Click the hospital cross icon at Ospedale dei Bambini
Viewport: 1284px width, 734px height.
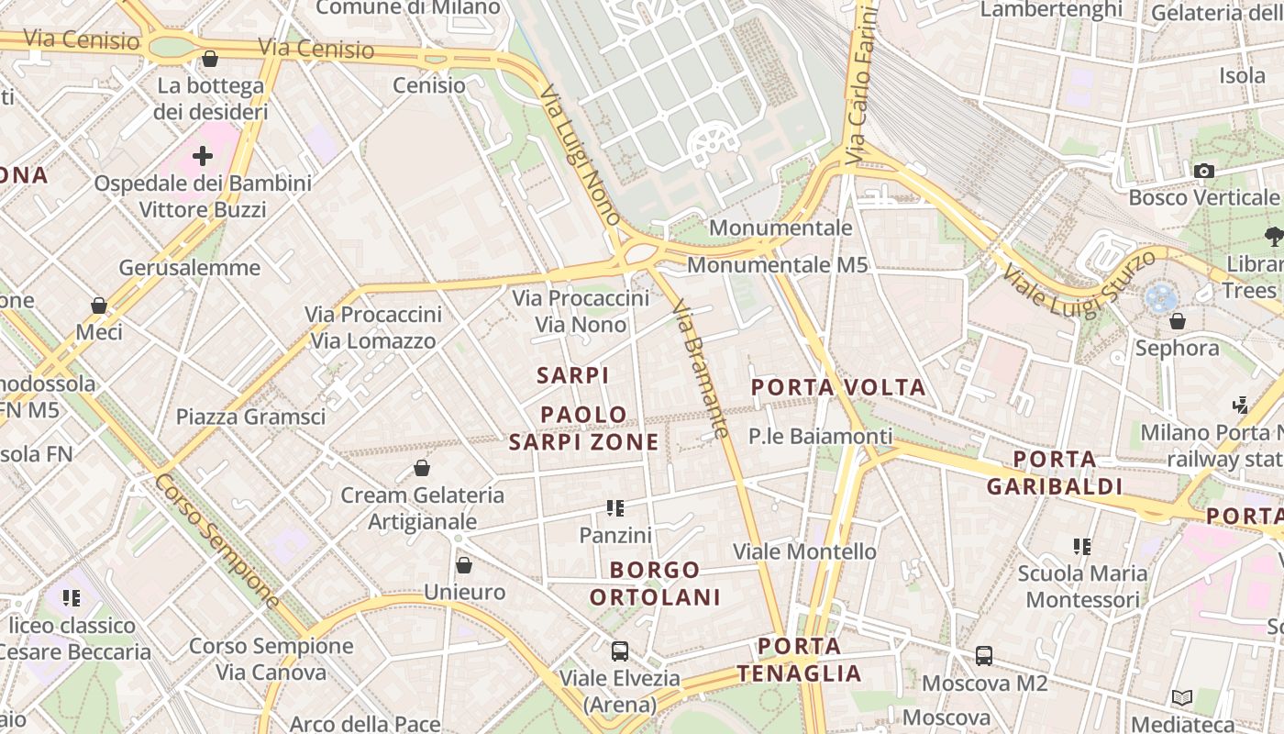pyautogui.click(x=203, y=156)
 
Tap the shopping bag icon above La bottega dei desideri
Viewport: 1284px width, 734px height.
pyautogui.click(x=210, y=60)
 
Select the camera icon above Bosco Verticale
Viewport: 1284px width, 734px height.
pyautogui.click(x=1203, y=171)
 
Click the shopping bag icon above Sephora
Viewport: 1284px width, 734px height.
pyautogui.click(x=1178, y=322)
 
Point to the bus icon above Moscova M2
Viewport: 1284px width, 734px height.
pyautogui.click(x=984, y=656)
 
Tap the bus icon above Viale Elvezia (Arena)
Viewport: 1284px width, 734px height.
pyautogui.click(x=620, y=651)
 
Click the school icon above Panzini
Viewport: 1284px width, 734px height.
pyautogui.click(x=615, y=507)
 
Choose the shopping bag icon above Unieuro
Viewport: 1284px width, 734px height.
pyautogui.click(x=464, y=565)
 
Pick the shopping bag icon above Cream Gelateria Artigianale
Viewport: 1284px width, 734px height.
pyautogui.click(x=422, y=469)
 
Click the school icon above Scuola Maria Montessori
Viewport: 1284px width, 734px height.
pyautogui.click(x=1082, y=547)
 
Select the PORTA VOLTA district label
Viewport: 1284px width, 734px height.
pyautogui.click(x=838, y=387)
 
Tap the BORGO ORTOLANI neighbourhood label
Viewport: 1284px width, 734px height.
pyautogui.click(x=655, y=584)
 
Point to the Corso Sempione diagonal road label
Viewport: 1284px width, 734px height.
pyautogui.click(x=217, y=541)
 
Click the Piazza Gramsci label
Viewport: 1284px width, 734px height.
pyautogui.click(x=250, y=417)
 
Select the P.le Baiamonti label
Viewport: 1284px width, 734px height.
pyautogui.click(x=820, y=437)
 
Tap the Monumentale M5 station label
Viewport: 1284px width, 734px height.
pyautogui.click(x=777, y=265)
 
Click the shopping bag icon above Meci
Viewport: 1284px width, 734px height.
pyautogui.click(x=99, y=306)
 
